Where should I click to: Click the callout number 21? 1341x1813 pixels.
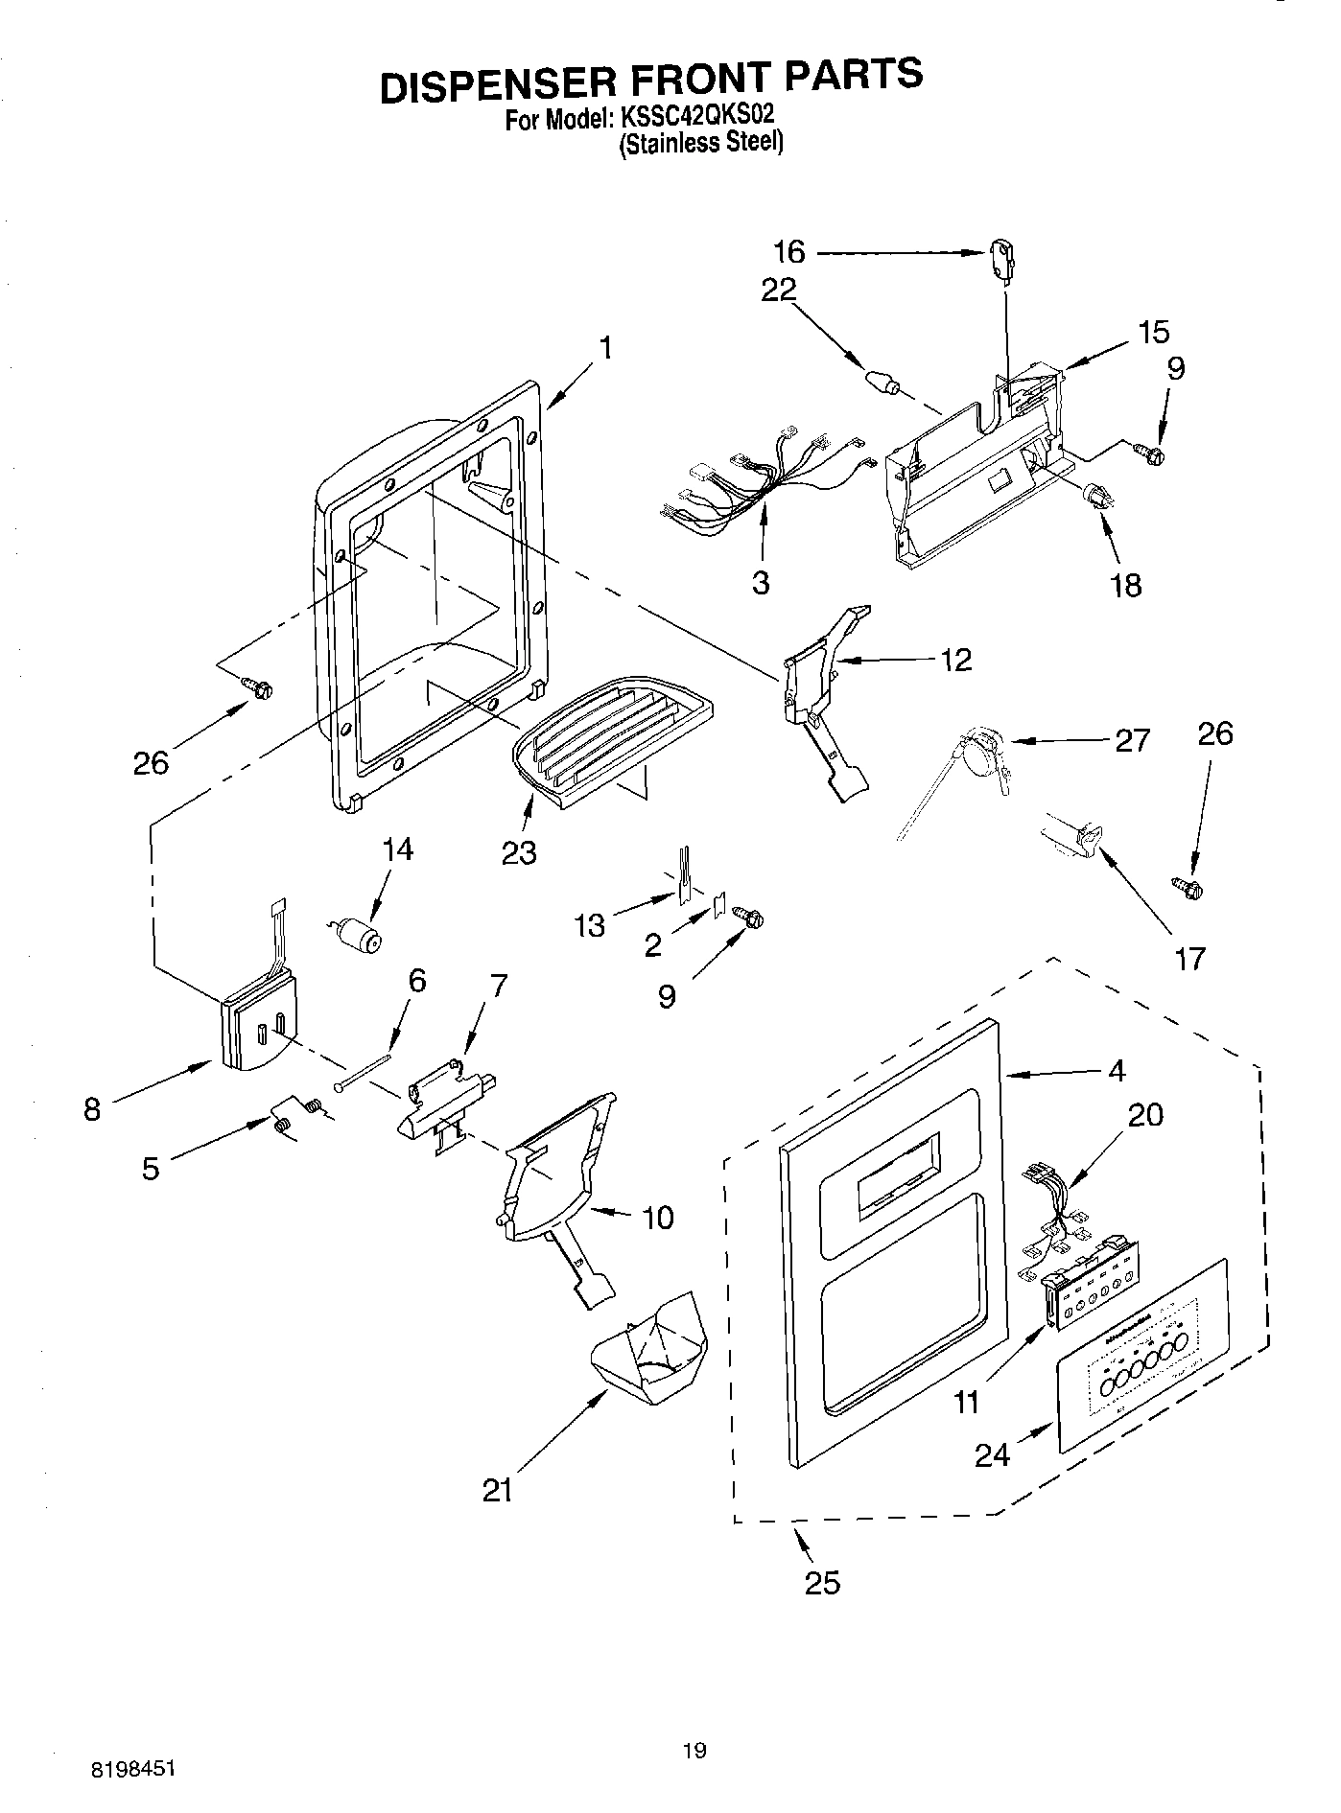pyautogui.click(x=498, y=1490)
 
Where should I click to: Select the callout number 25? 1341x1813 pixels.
pyautogui.click(x=822, y=1582)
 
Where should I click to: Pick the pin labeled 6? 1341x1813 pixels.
pyautogui.click(x=365, y=1070)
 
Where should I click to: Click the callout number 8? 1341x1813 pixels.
pyautogui.click(x=91, y=1110)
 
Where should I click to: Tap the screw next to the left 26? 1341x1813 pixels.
pyautogui.click(x=258, y=687)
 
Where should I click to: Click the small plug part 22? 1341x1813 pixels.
pyautogui.click(x=883, y=381)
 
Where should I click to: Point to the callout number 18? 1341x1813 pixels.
pyautogui.click(x=1126, y=585)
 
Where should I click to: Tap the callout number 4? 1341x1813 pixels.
pyautogui.click(x=1116, y=1070)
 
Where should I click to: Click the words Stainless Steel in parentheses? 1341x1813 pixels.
pyautogui.click(x=701, y=144)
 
